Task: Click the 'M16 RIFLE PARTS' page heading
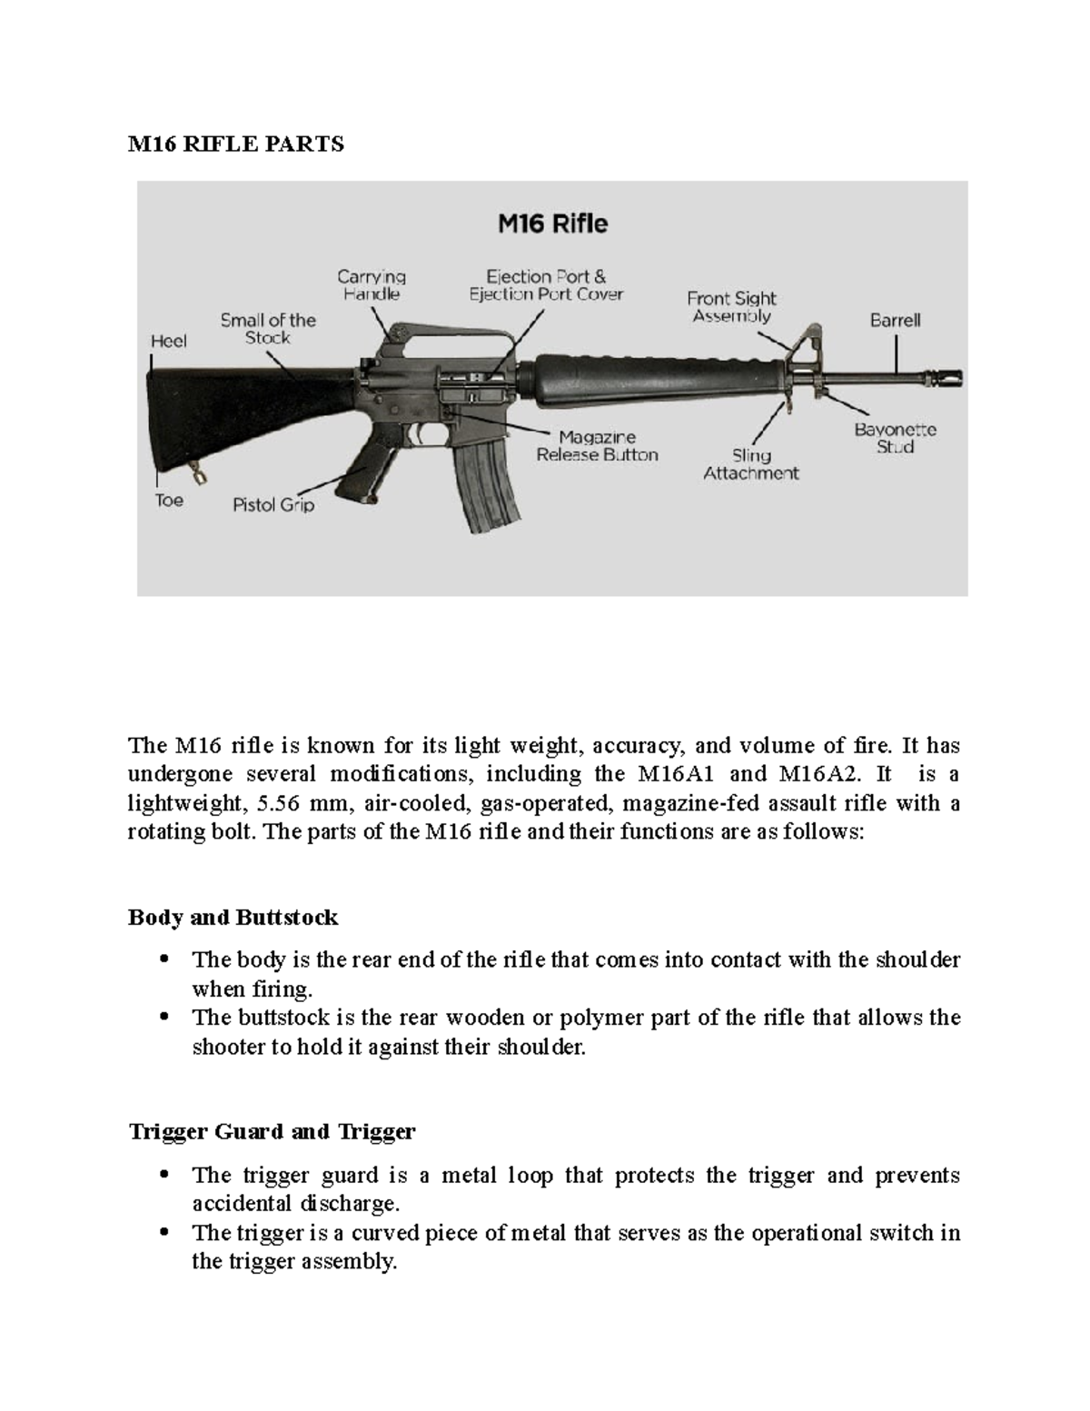235,144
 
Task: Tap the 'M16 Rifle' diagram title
552,224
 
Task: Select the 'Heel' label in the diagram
169,341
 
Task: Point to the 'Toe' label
169,501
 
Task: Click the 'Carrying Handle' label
372,285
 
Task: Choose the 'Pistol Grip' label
273,505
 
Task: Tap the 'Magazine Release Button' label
597,446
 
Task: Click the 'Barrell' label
895,321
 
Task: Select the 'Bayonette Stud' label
895,438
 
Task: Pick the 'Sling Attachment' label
751,464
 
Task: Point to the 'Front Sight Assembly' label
731,307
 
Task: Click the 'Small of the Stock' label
268,329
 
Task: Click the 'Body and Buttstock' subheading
233,918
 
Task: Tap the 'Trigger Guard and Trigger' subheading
272,1132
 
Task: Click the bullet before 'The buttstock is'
164,1018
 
